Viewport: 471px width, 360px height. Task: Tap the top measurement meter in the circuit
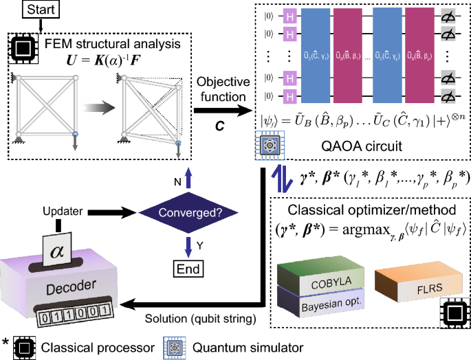tap(448, 14)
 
